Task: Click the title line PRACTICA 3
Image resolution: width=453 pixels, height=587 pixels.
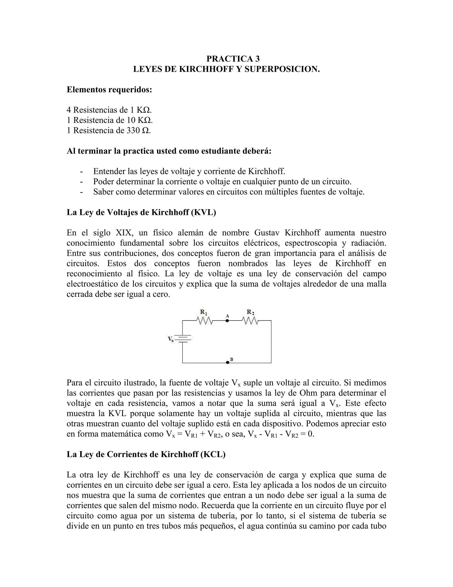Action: [x=233, y=59]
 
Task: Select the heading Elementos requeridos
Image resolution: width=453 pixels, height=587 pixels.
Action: [x=109, y=89]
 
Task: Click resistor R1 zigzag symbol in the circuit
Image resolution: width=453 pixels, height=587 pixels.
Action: [x=205, y=321]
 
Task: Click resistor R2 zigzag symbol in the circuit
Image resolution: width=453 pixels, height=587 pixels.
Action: [x=250, y=321]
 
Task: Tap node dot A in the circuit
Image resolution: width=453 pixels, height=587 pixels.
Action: [x=227, y=321]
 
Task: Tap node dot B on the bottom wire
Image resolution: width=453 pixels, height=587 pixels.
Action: [x=227, y=363]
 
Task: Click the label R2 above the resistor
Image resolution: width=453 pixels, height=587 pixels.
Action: [x=250, y=312]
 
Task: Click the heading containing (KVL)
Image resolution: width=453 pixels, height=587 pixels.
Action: [x=141, y=212]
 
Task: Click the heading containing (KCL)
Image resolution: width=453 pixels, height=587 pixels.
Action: [x=146, y=454]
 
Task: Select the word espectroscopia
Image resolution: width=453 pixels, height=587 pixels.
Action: [x=311, y=243]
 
